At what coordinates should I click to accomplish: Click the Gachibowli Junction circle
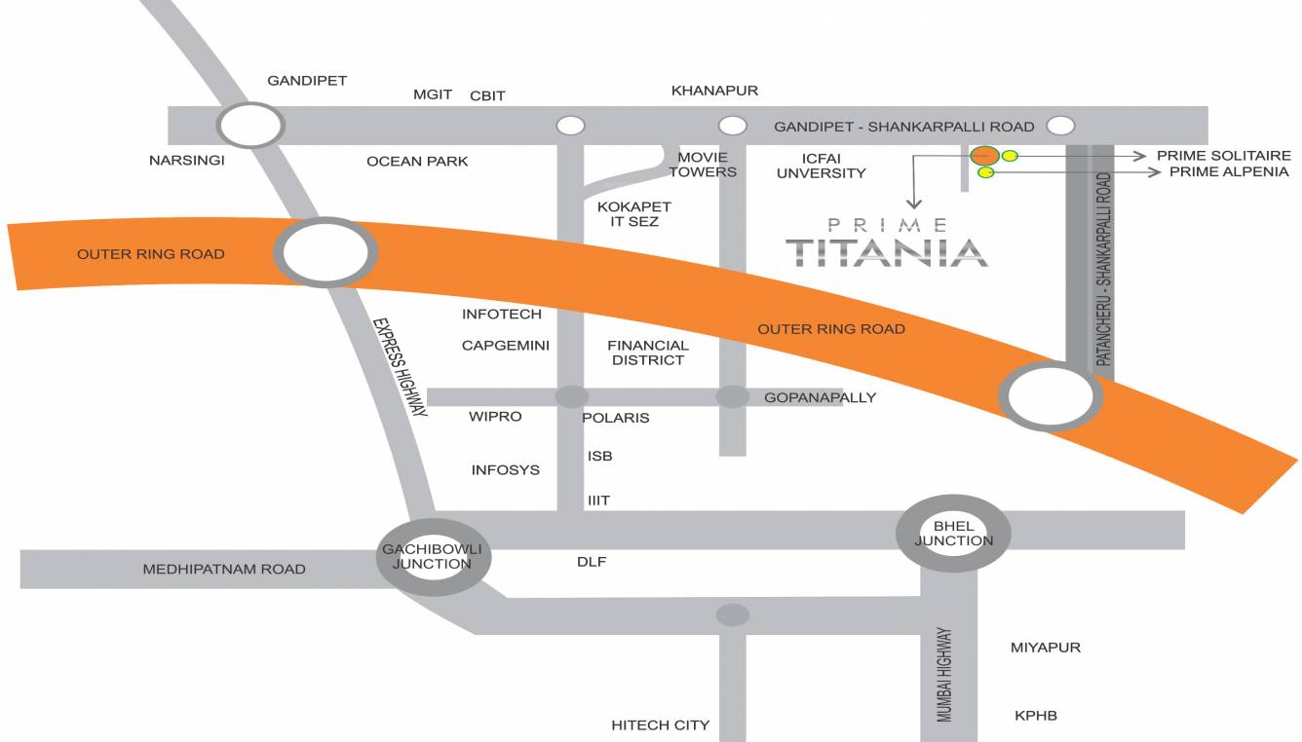point(434,557)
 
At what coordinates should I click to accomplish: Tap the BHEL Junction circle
point(953,533)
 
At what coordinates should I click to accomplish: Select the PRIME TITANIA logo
point(886,244)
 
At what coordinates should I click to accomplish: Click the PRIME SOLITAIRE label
point(1223,156)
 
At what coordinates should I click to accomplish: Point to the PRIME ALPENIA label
point(1229,172)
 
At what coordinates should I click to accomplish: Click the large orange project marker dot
point(984,156)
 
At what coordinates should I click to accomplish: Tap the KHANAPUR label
point(714,91)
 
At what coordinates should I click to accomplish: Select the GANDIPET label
point(307,81)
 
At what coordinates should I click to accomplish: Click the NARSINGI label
point(187,161)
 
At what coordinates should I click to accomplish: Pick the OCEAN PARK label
point(417,162)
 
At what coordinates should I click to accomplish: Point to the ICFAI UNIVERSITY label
point(821,166)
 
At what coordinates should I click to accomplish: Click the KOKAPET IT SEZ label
point(633,214)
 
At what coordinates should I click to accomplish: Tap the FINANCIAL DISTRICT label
point(648,352)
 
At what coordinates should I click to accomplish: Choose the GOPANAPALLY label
point(820,397)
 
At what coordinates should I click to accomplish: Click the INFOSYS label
point(505,470)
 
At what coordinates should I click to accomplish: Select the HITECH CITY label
point(660,725)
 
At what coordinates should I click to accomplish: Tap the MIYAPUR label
point(1045,648)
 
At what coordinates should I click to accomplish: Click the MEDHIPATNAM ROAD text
point(224,570)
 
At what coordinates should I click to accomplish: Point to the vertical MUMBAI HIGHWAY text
point(944,674)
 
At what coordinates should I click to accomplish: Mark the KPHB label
point(1035,716)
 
